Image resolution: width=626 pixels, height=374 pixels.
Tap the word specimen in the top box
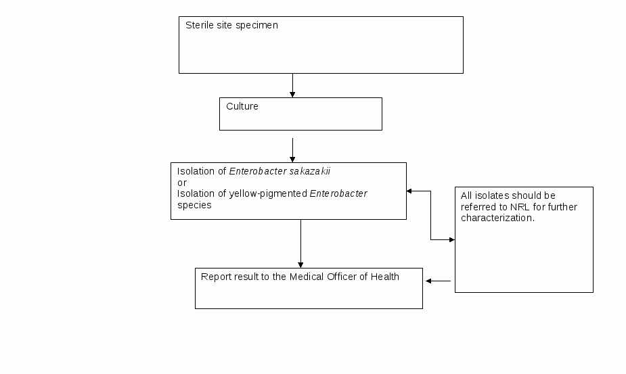tap(256, 26)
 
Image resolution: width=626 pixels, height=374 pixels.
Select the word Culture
tap(242, 106)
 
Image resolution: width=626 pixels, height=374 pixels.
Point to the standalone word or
tap(182, 183)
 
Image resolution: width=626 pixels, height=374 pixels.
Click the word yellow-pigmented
tap(268, 193)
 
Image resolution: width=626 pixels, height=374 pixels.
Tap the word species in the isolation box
tap(194, 205)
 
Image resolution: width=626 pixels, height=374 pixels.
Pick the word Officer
tap(341, 277)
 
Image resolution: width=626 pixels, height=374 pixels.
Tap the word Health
tap(385, 277)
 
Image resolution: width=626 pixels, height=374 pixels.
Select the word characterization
tap(497, 218)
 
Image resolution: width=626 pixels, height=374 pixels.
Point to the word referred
tap(476, 207)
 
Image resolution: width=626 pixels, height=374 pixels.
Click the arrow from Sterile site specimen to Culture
tap(292, 85)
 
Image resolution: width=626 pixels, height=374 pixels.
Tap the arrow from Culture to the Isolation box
tap(292, 150)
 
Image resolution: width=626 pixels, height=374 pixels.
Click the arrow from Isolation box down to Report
tap(300, 243)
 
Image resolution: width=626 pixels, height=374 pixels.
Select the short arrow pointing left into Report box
tap(439, 281)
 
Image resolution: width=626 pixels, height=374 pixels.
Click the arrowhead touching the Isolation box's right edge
tap(409, 191)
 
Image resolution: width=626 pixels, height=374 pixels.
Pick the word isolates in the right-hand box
tap(491, 195)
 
